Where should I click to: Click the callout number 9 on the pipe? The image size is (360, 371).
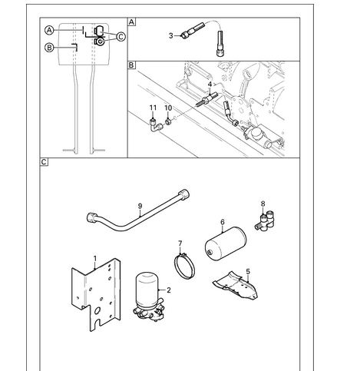(x=140, y=206)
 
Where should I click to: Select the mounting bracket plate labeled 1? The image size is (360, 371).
(x=97, y=294)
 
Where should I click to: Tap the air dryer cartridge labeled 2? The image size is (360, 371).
(x=148, y=296)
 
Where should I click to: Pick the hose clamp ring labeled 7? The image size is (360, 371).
(x=184, y=267)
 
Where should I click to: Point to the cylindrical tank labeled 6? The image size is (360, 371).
(x=226, y=243)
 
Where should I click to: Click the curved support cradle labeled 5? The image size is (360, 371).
(x=236, y=286)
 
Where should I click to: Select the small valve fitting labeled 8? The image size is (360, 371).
(x=265, y=220)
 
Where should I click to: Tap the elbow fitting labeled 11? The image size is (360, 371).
(x=156, y=124)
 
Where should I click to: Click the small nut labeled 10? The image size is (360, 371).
(x=168, y=121)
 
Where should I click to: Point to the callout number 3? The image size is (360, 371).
(x=171, y=35)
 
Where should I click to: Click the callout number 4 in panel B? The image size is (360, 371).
(x=210, y=84)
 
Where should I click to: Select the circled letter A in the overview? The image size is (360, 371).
(x=49, y=31)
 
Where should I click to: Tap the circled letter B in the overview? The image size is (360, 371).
(x=49, y=48)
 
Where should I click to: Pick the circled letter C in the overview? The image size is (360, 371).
(x=121, y=37)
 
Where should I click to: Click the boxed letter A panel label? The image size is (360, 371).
(x=131, y=22)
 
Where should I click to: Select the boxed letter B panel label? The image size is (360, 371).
(x=131, y=65)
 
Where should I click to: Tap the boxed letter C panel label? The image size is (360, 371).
(x=44, y=162)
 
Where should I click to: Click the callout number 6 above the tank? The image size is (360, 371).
(x=223, y=222)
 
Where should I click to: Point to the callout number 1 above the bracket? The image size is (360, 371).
(x=95, y=259)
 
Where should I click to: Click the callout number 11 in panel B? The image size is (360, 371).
(x=153, y=108)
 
